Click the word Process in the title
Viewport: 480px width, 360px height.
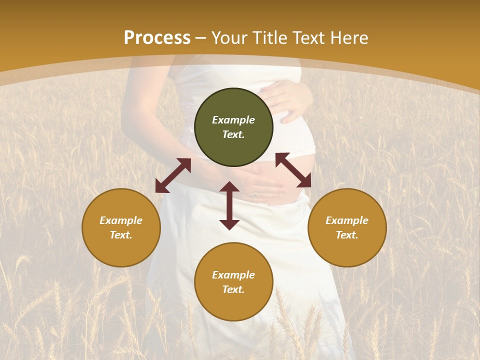pyautogui.click(x=157, y=38)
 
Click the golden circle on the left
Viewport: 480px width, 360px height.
pyautogui.click(x=121, y=227)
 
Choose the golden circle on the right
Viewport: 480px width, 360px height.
pyautogui.click(x=347, y=227)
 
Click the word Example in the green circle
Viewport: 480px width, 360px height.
pyautogui.click(x=233, y=120)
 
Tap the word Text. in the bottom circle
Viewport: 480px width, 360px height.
pyautogui.click(x=233, y=289)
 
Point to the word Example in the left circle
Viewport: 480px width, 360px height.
pyautogui.click(x=121, y=220)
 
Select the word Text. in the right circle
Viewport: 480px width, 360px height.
pyautogui.click(x=347, y=235)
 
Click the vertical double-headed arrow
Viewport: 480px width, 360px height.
pyautogui.click(x=229, y=205)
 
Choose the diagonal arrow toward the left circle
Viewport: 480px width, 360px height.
pyautogui.click(x=173, y=175)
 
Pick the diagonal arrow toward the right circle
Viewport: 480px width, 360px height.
pyautogui.click(x=293, y=170)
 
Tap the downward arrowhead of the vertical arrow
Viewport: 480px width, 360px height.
pyautogui.click(x=229, y=224)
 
